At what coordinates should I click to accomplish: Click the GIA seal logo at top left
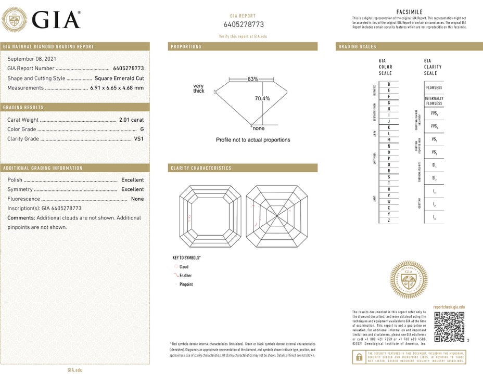15,20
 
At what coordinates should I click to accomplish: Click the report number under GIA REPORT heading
244,24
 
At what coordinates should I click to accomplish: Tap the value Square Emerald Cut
119,78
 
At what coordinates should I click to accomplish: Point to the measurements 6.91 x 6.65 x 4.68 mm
117,88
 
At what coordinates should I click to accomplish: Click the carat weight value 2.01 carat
131,120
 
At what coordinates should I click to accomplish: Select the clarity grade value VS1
138,139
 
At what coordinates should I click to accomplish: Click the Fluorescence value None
137,199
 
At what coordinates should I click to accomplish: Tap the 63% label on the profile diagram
252,79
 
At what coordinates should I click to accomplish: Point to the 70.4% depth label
262,98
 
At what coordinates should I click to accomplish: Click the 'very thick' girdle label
199,88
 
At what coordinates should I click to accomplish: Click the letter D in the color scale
388,84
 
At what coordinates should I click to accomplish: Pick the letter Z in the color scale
388,221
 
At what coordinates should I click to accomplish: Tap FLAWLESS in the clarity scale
434,87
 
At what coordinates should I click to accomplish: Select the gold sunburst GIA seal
409,279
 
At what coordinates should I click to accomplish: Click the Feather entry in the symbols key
185,276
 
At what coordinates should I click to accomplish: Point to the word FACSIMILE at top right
409,12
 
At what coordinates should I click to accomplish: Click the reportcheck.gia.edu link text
449,307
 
